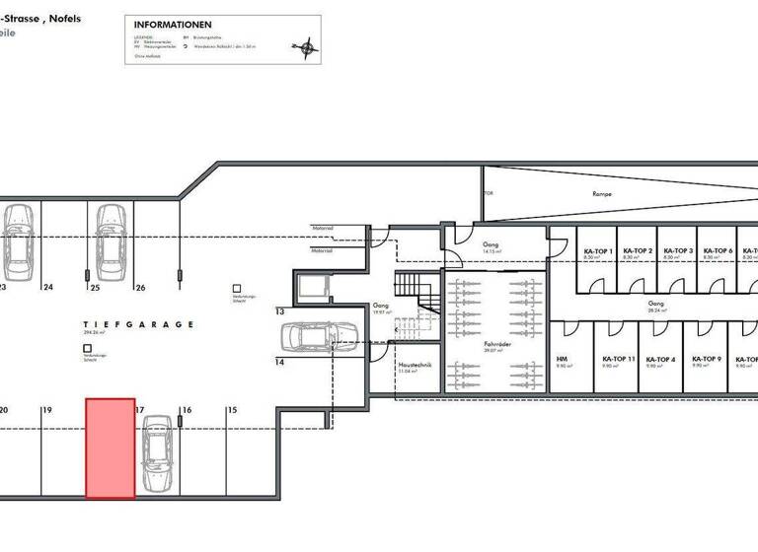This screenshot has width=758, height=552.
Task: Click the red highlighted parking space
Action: pyautogui.click(x=110, y=448)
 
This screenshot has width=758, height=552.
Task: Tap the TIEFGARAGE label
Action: pyautogui.click(x=138, y=324)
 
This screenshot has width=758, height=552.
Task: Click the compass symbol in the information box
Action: pyautogui.click(x=306, y=45)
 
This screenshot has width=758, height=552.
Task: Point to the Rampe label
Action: pyautogui.click(x=602, y=194)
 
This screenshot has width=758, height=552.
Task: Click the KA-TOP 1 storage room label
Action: pyautogui.click(x=598, y=251)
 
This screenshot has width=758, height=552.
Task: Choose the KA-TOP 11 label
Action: pyautogui.click(x=619, y=360)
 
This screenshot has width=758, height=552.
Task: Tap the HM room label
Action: pyautogui.click(x=562, y=360)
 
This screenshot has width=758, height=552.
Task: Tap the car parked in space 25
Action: pyautogui.click(x=110, y=240)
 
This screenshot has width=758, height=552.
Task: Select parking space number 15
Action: pyautogui.click(x=232, y=409)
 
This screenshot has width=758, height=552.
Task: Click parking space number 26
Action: pyautogui.click(x=140, y=288)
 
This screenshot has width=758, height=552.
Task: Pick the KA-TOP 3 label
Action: pyautogui.click(x=677, y=251)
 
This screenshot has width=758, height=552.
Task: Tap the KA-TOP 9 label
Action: pyautogui.click(x=705, y=360)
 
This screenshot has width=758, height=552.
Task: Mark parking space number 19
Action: pyautogui.click(x=46, y=409)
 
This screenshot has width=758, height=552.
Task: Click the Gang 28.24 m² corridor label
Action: pyautogui.click(x=655, y=306)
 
